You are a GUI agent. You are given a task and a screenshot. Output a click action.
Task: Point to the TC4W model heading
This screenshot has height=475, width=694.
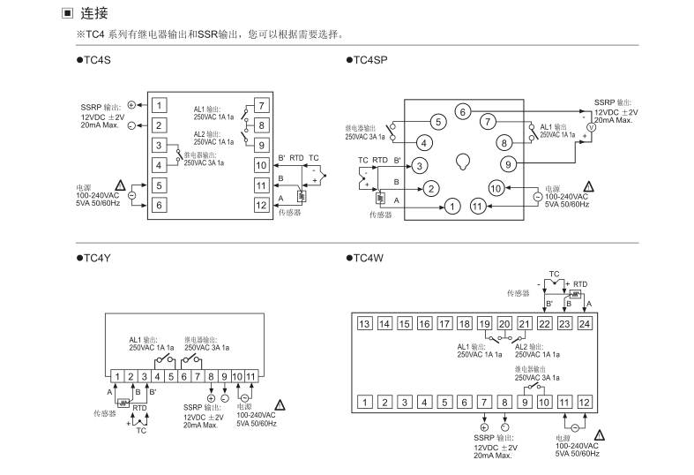(369, 258)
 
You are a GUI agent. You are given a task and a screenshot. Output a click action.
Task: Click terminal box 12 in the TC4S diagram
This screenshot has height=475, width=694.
(261, 205)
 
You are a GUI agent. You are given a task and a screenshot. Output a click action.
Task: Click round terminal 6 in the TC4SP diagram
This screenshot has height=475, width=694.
(461, 111)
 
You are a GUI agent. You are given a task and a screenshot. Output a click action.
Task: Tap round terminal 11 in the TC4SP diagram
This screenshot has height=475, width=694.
(478, 206)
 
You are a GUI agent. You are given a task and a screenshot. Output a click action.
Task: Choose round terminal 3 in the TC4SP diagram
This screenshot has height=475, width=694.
(421, 165)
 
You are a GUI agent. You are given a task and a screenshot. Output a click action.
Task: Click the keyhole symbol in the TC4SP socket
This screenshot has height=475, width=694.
(461, 162)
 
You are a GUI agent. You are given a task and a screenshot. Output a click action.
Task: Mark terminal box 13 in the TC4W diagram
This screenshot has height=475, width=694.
(364, 324)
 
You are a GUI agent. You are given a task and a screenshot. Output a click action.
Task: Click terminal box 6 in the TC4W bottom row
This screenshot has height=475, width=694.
(466, 403)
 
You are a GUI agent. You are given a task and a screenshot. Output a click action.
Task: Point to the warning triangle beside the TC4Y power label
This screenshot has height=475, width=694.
(280, 402)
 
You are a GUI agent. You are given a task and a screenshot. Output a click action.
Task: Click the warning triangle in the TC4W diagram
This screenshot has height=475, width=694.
(600, 435)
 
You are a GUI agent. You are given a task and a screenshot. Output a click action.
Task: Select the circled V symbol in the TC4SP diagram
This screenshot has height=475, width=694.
(592, 128)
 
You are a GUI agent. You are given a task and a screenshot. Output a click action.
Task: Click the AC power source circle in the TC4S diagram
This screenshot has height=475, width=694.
(131, 194)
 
